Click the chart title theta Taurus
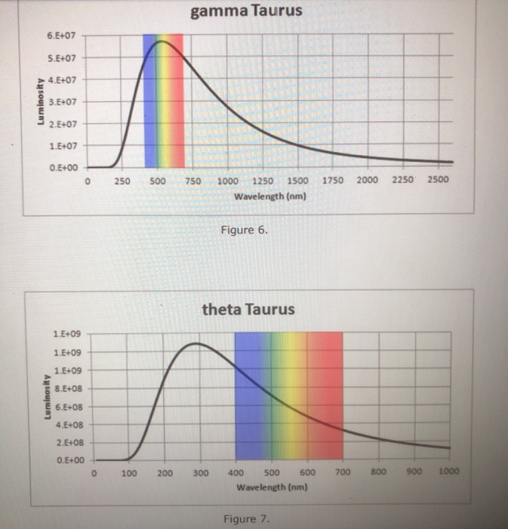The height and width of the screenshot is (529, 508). point(248,310)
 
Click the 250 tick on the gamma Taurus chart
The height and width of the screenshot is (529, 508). point(122,181)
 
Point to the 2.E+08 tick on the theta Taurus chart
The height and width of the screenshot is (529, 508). point(69,443)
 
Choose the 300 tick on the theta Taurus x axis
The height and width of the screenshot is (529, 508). point(200,473)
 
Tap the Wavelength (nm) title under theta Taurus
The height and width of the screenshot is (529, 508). point(269,487)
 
